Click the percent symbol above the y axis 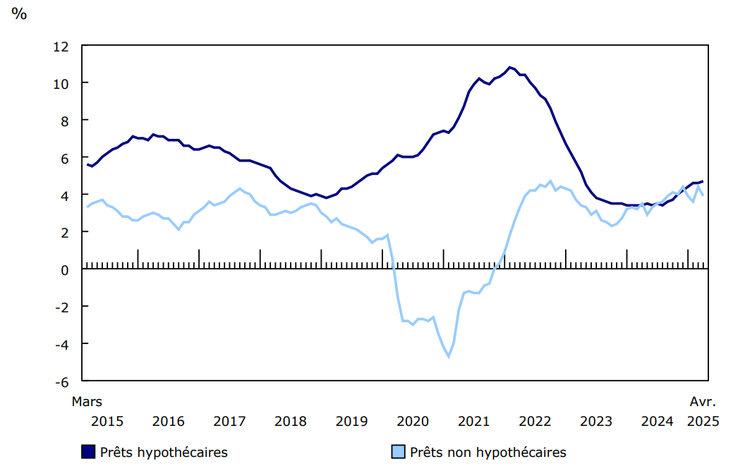tap(19, 13)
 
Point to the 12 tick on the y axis tap(61, 47)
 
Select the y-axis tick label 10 tap(61, 83)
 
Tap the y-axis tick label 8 tap(64, 121)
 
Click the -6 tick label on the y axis tap(61, 381)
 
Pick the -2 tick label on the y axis tap(61, 307)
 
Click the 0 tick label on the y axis tap(64, 269)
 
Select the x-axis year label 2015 tap(107, 422)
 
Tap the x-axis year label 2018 tap(291, 422)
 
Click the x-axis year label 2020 tap(413, 422)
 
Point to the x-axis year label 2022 tap(535, 422)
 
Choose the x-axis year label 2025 tap(703, 422)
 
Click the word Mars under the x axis tap(87, 402)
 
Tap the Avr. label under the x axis tap(703, 402)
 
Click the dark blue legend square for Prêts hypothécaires tap(88, 452)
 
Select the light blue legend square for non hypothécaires tap(398, 452)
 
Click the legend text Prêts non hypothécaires tap(488, 452)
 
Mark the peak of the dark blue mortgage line tap(510, 68)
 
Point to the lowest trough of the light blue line tap(448, 357)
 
